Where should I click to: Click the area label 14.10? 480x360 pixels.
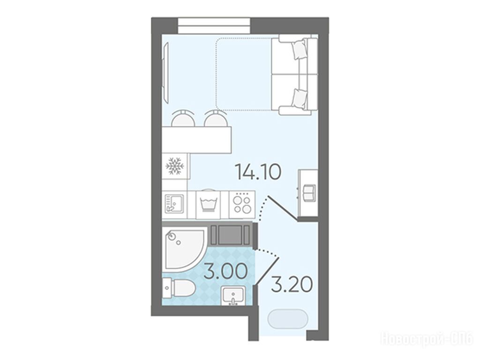(x=258, y=172)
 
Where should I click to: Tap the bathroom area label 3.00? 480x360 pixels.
(x=225, y=271)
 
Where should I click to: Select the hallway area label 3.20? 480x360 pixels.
(x=292, y=285)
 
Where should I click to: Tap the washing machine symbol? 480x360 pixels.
(x=208, y=203)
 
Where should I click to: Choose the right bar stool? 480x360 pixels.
(x=216, y=118)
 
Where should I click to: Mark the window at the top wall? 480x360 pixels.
(x=214, y=26)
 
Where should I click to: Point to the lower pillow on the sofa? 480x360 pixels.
(x=299, y=98)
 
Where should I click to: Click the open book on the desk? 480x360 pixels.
(x=308, y=193)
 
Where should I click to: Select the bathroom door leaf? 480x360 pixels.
(x=267, y=271)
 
